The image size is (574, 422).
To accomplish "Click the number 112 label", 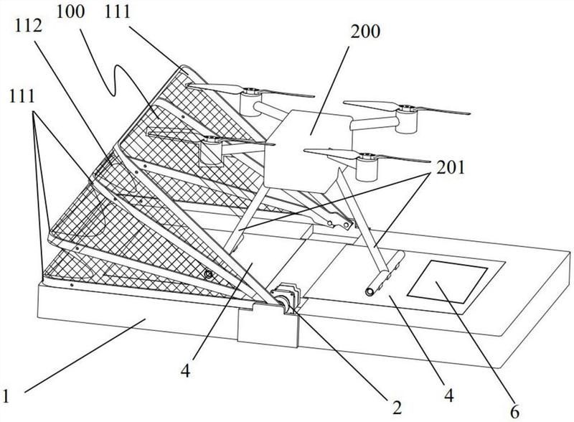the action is coord(29,27).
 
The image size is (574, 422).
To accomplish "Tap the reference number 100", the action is coord(70,11).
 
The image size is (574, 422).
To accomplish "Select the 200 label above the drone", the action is coord(365,32).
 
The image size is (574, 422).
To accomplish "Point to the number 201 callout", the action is coord(450,167).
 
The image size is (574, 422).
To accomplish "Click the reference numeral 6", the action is coord(514,413).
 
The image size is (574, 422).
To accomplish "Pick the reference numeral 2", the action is coord(397,407).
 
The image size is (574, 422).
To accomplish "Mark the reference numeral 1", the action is coord(6,396).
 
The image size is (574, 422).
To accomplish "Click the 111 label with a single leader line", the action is coord(118,11).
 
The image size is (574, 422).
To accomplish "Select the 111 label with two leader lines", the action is coord(22,95).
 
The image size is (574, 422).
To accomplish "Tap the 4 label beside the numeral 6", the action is coord(449,395).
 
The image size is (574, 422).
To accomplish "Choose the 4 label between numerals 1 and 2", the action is coord(186,371).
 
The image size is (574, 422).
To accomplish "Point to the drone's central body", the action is coord(308,150).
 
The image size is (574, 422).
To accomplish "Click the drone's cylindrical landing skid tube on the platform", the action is coord(385,273).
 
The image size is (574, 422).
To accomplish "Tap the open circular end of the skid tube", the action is coord(370,292).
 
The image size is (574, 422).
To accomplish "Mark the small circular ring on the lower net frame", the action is coord(209,274).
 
